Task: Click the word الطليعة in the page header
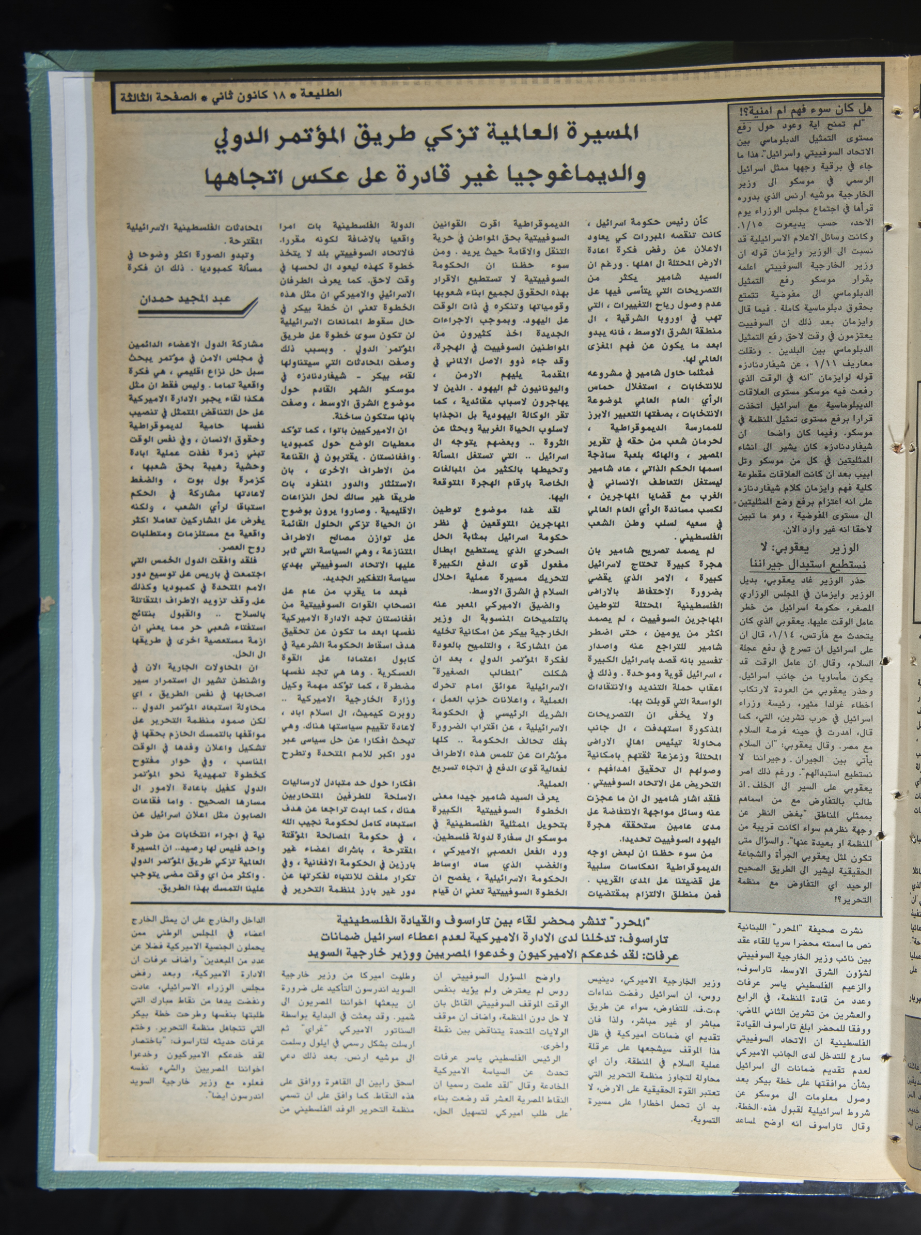(x=323, y=93)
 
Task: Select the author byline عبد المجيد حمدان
(x=192, y=299)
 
